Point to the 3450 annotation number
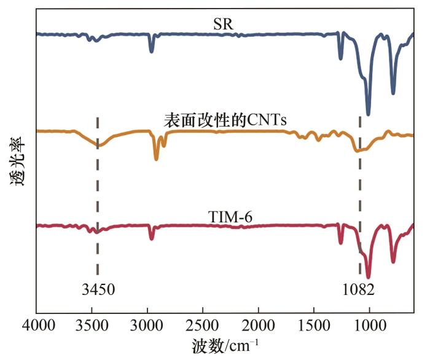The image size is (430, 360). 98,289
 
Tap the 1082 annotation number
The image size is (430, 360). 359,289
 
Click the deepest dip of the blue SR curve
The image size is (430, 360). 369,114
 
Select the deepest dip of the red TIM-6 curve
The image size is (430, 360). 369,276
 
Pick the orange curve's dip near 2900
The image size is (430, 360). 157,158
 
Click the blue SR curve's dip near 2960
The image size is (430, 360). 152,52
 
